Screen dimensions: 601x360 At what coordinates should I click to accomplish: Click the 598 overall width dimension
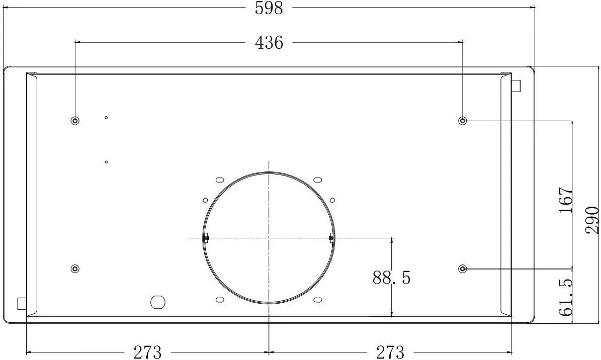[x=269, y=8]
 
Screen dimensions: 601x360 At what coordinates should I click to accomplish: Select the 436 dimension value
[x=269, y=43]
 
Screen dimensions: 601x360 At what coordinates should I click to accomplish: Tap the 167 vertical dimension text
[x=566, y=200]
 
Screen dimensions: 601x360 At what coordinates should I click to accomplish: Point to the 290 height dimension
[x=592, y=220]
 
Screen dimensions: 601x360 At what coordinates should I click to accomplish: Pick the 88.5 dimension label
[x=391, y=278]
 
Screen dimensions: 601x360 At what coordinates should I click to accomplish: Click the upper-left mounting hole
[x=75, y=121]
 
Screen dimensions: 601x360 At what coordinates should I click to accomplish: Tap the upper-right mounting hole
[x=463, y=121]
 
